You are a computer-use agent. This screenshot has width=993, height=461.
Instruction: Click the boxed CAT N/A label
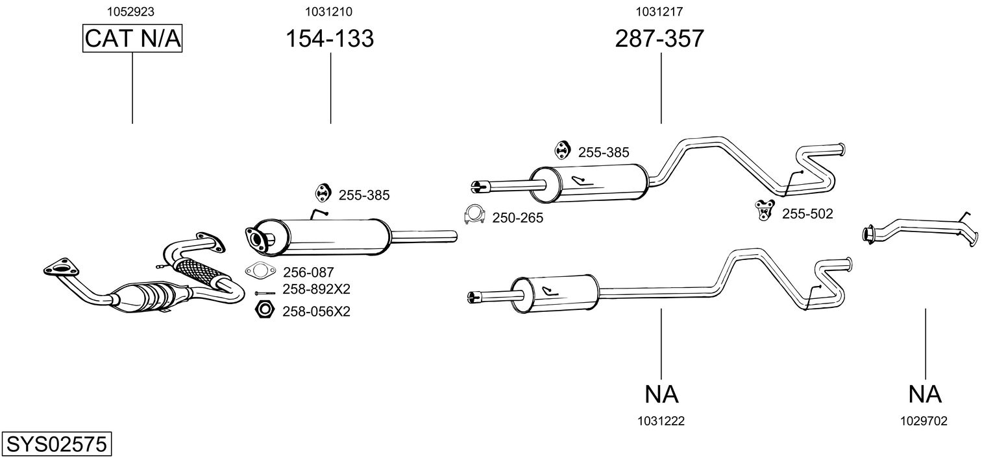click(132, 39)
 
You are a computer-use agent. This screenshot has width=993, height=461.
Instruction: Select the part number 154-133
click(330, 39)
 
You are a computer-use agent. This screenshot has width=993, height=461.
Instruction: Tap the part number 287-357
click(659, 39)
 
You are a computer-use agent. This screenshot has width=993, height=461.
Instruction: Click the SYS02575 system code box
click(56, 445)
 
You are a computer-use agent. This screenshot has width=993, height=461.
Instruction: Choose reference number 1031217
click(659, 11)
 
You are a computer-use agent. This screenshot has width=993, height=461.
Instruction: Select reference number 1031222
click(661, 421)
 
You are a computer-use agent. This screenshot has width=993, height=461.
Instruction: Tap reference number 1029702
click(924, 421)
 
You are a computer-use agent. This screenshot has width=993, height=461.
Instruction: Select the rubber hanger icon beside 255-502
click(764, 209)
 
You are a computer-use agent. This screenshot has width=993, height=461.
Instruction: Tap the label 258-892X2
click(316, 289)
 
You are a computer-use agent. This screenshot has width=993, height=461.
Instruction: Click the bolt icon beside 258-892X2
click(265, 292)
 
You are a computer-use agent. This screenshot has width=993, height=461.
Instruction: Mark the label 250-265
click(517, 219)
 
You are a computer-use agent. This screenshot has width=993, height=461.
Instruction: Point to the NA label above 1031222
click(661, 394)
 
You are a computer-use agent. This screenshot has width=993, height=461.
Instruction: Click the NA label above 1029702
click(924, 394)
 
